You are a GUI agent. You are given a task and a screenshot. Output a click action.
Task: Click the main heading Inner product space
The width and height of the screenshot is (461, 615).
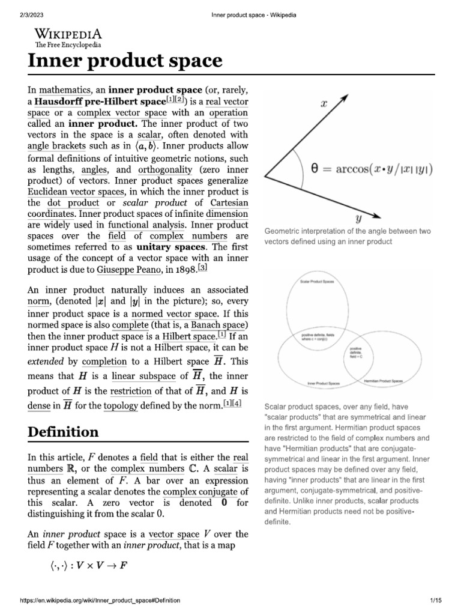tap(123, 60)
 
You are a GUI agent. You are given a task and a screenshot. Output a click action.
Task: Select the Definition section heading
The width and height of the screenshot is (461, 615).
tap(62, 432)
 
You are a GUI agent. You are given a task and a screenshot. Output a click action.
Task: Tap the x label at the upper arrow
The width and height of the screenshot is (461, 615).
tap(324, 103)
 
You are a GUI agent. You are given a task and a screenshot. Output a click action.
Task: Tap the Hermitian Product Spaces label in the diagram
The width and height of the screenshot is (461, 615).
tap(384, 381)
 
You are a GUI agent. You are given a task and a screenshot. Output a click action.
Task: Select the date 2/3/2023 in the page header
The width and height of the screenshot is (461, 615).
tap(18, 7)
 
